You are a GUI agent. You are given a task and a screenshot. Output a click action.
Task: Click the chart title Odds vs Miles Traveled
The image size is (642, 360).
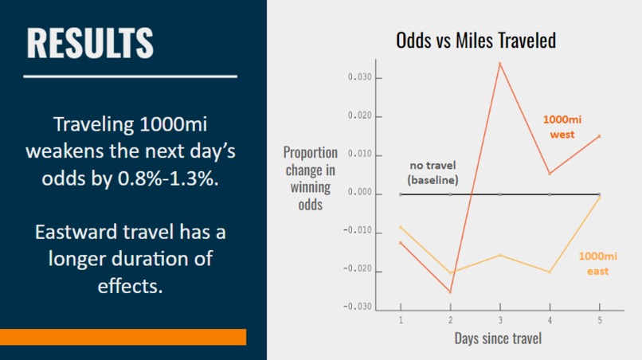pyautogui.click(x=476, y=41)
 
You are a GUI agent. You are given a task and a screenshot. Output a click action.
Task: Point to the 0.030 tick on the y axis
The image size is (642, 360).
pyautogui.click(x=360, y=78)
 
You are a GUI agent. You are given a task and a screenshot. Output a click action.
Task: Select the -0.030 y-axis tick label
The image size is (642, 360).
pyautogui.click(x=358, y=307)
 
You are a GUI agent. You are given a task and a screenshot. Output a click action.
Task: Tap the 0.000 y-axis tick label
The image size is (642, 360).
pyautogui.click(x=360, y=193)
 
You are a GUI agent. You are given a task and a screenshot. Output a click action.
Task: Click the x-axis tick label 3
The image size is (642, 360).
pyautogui.click(x=499, y=319)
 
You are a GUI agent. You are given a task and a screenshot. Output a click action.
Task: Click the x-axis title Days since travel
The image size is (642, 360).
pyautogui.click(x=499, y=338)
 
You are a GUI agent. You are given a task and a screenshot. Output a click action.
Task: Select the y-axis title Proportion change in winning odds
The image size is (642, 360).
pyautogui.click(x=311, y=178)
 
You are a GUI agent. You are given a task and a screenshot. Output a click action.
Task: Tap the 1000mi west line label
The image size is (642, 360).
pyautogui.click(x=562, y=127)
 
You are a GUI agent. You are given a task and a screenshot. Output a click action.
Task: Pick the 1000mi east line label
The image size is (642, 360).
pyautogui.click(x=593, y=264)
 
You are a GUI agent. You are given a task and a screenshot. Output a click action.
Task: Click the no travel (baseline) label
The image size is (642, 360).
pyautogui.click(x=433, y=173)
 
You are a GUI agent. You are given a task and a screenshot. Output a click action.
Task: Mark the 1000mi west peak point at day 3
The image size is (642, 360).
pyautogui.click(x=499, y=64)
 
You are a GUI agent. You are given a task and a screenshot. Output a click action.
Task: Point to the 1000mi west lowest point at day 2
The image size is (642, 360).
pyautogui.click(x=450, y=292)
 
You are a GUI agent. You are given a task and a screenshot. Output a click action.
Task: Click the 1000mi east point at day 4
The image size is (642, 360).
pyautogui.click(x=549, y=272)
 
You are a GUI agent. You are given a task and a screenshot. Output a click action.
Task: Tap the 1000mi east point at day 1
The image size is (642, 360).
pyautogui.click(x=401, y=227)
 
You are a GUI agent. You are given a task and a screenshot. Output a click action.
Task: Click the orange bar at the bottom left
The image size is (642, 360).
pyautogui.click(x=123, y=337)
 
